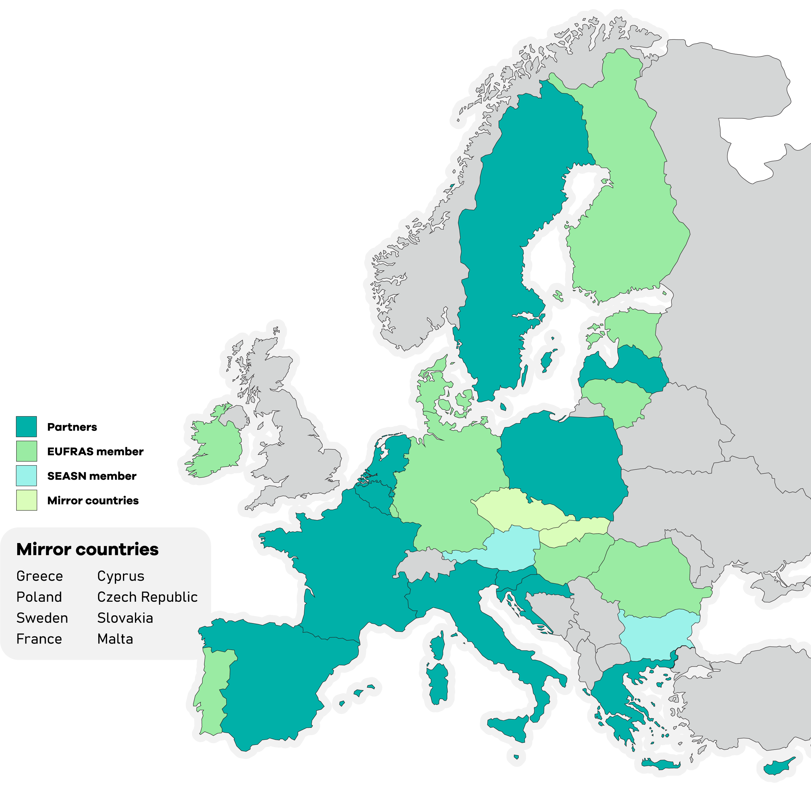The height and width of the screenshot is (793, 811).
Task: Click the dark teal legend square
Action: tap(26, 426)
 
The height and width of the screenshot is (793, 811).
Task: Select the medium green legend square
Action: tap(26, 451)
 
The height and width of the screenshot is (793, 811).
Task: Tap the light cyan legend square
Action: tap(26, 476)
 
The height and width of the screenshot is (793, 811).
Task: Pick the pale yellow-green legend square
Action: tap(26, 500)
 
